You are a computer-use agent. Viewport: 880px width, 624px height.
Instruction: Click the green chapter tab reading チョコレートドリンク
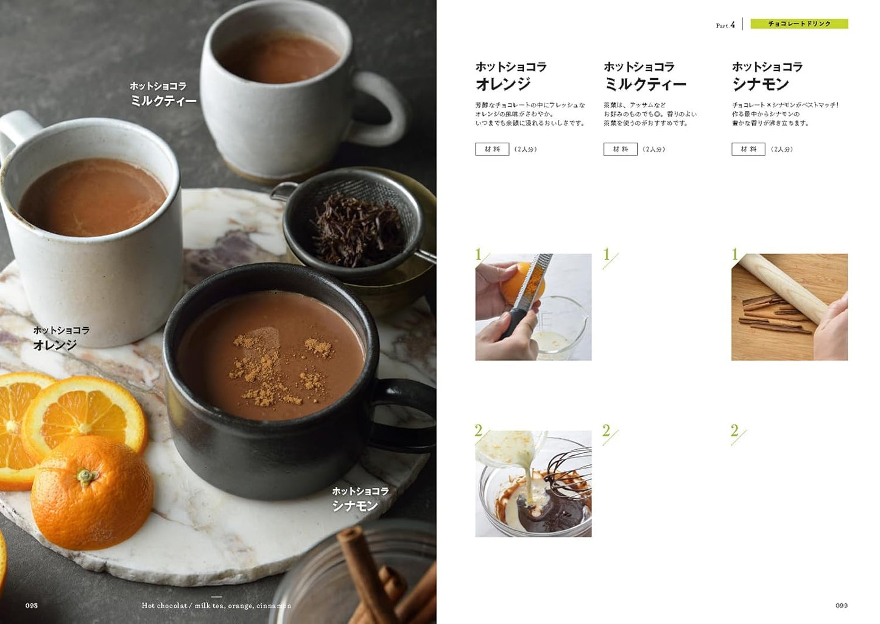coord(799,24)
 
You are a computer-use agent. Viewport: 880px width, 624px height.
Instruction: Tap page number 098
coord(32,605)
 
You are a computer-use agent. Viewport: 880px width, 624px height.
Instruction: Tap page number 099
coord(841,605)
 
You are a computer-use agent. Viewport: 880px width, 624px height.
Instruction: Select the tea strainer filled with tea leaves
coord(356,225)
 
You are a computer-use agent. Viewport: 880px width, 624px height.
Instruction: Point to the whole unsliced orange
coord(91,492)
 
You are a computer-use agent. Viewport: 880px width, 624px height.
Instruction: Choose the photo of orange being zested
coord(533,307)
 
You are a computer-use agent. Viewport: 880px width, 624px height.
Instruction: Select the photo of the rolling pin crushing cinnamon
coord(789,307)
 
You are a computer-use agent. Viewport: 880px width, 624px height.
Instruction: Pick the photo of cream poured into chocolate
coord(533,484)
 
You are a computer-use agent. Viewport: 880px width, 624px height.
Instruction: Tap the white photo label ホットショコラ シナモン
coord(359,498)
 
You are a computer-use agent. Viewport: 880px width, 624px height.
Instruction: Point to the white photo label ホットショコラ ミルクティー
coord(163,93)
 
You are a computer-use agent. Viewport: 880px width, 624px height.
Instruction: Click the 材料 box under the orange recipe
coord(491,149)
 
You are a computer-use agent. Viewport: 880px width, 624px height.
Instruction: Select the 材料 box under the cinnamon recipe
coord(748,149)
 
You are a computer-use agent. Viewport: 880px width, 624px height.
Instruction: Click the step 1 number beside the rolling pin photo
coord(735,254)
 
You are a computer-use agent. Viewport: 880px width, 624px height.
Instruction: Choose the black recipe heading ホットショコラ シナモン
coord(767,76)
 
